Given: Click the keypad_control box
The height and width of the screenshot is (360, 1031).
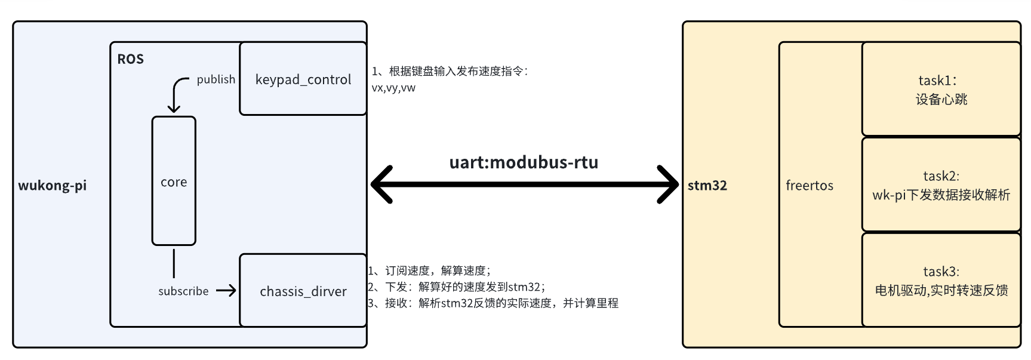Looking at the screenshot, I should (x=303, y=79).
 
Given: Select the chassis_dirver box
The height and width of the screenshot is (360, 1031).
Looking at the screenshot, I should (x=303, y=291).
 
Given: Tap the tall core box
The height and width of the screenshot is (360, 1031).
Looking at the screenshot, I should (x=174, y=181).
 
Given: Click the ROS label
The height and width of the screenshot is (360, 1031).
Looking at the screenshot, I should (x=130, y=59).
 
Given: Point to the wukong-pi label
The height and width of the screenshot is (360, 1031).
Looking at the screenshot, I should (x=52, y=185).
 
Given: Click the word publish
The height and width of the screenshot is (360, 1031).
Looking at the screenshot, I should (x=216, y=79).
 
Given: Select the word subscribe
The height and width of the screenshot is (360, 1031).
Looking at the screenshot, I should (x=183, y=291).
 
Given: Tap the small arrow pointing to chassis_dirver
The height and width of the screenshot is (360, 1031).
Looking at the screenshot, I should (x=226, y=291).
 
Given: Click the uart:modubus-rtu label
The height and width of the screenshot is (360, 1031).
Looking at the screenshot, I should (x=524, y=162).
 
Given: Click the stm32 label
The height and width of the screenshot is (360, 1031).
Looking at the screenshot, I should (x=707, y=185).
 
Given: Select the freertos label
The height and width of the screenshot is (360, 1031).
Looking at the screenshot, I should (x=809, y=185).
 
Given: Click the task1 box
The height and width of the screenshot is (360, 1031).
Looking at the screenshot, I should (x=941, y=90).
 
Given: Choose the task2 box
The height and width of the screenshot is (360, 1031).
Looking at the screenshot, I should (x=941, y=185).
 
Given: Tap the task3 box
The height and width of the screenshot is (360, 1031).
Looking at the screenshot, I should (x=941, y=281).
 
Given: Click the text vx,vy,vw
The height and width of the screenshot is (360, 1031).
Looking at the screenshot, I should (x=393, y=88).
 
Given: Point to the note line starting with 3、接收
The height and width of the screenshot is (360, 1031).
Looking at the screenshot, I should (x=493, y=303).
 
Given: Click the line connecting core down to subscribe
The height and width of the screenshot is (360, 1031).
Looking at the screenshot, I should (x=174, y=263).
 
